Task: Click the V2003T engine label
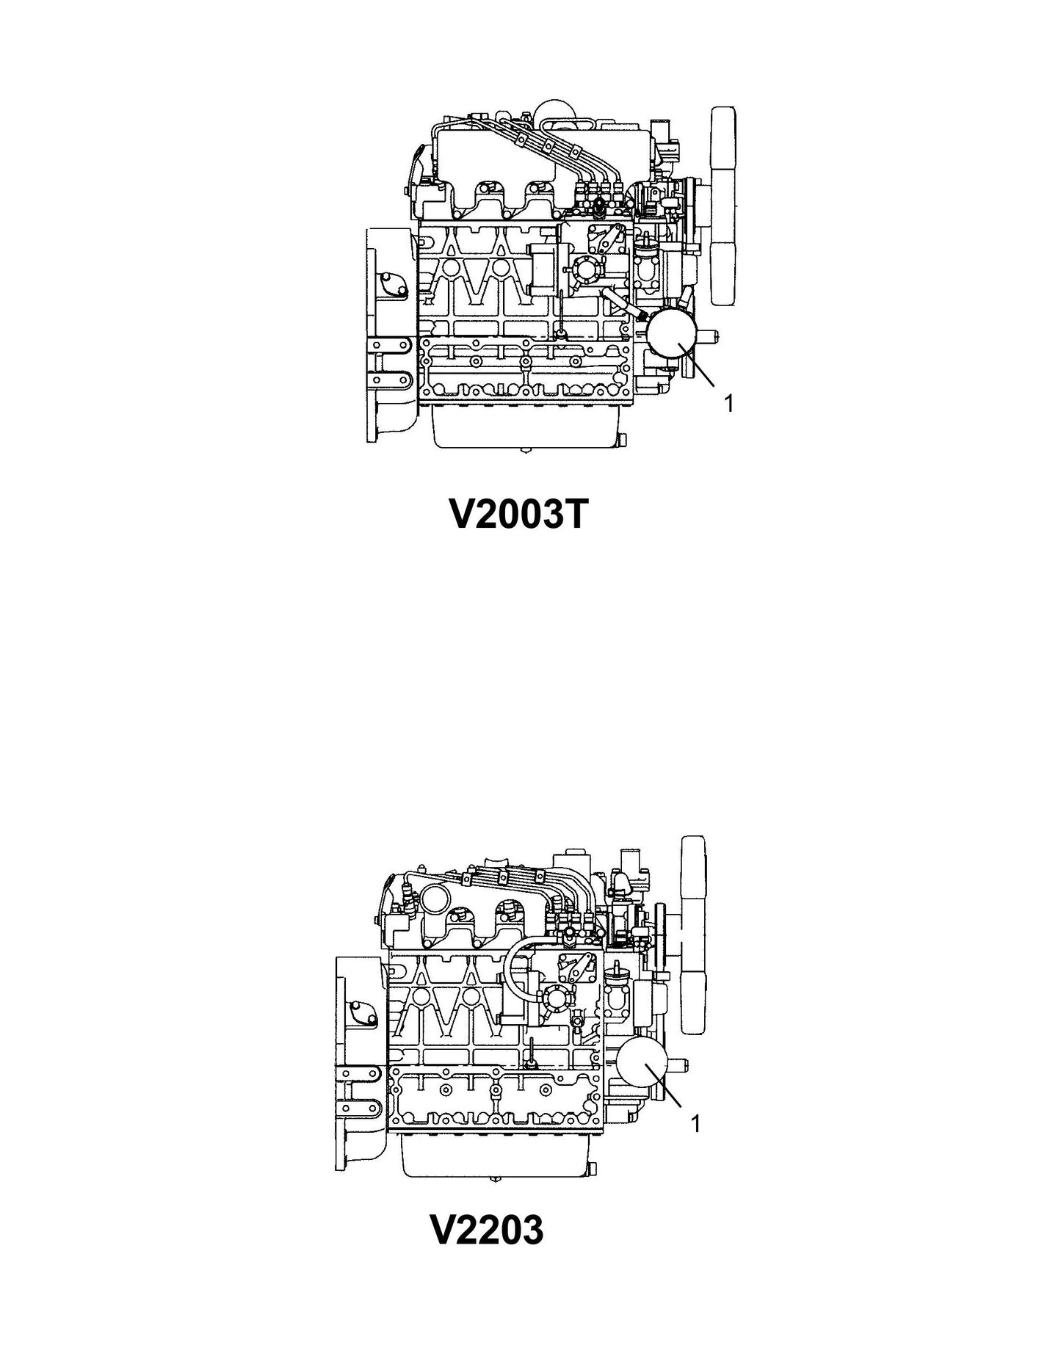[x=518, y=516]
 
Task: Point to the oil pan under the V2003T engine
[x=527, y=429]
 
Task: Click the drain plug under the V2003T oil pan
[x=527, y=449]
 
